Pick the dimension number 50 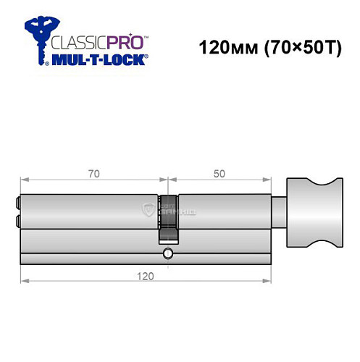coord(218,173)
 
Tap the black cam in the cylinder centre coord(168,217)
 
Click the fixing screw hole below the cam coord(168,253)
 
